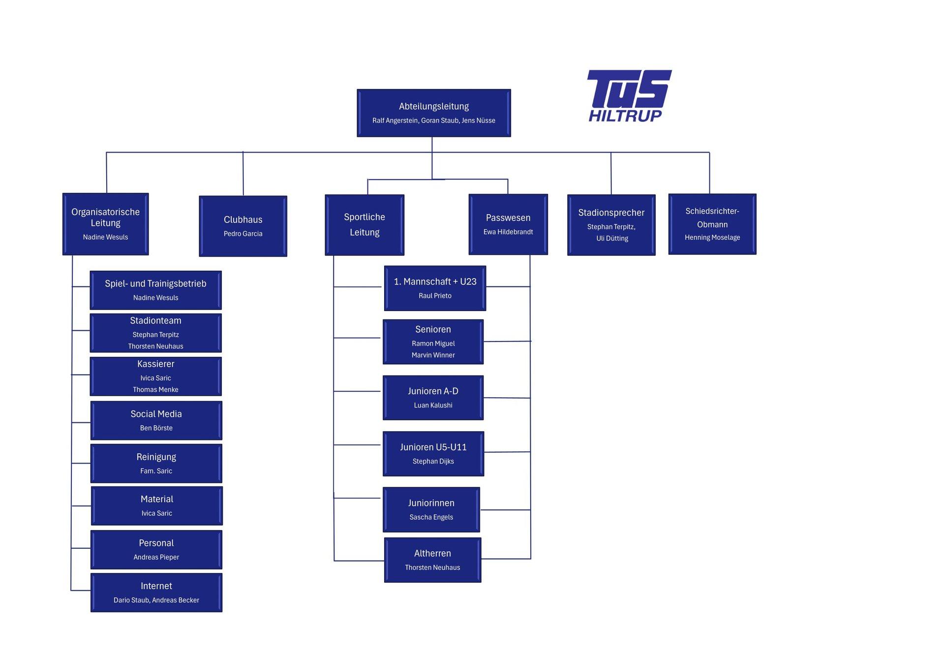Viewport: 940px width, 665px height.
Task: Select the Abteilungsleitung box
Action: click(433, 113)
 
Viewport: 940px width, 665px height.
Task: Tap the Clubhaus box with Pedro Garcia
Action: click(243, 226)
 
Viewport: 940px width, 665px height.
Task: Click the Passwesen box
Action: click(508, 224)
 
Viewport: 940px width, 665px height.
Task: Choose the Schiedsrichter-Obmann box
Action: click(712, 224)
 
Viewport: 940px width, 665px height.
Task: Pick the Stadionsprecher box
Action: click(611, 225)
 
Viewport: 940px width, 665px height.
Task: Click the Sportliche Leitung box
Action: click(364, 225)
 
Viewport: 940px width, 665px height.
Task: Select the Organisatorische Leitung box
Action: click(105, 224)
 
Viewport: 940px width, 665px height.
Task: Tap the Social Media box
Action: click(156, 420)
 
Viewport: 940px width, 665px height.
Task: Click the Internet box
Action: click(156, 592)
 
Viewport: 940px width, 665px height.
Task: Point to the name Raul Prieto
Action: click(435, 296)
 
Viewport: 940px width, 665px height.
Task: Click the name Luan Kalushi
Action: click(433, 405)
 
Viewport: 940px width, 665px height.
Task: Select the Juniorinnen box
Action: click(431, 509)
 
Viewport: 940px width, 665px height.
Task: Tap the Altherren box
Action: click(432, 560)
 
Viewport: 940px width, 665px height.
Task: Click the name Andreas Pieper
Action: click(156, 557)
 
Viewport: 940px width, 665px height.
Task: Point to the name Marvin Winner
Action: click(433, 355)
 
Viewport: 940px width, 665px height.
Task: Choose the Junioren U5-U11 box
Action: click(433, 453)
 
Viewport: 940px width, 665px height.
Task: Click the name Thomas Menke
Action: click(155, 389)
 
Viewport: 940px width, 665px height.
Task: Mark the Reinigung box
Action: click(156, 463)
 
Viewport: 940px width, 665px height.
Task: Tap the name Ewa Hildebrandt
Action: click(508, 232)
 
